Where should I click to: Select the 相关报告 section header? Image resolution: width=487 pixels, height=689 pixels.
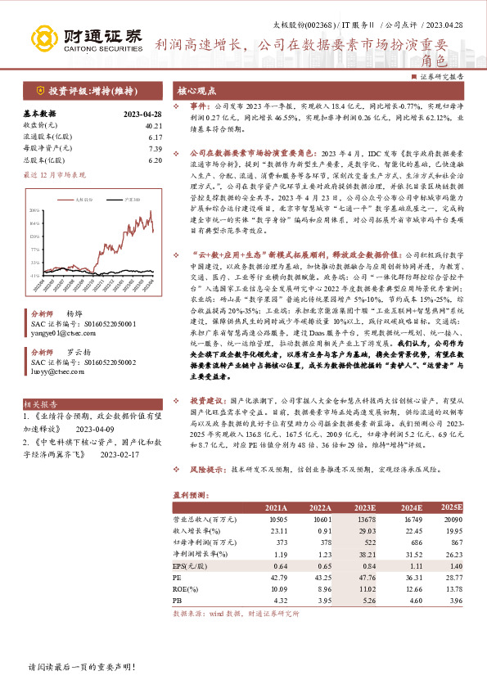point(40,403)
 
